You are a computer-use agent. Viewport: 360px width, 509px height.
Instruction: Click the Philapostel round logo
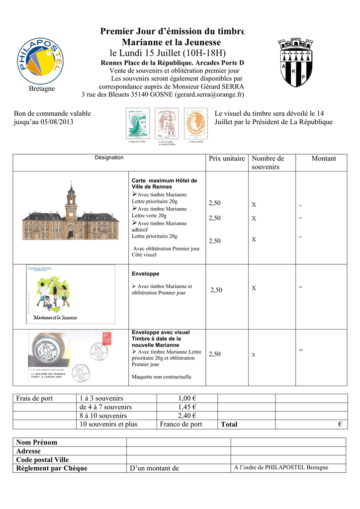tap(42, 58)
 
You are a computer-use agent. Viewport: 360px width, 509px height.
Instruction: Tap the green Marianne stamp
tap(138, 124)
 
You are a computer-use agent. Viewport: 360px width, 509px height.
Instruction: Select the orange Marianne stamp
tap(196, 125)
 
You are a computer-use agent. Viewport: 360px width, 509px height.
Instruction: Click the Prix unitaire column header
tap(227, 159)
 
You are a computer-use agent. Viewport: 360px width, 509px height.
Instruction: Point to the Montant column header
tap(324, 159)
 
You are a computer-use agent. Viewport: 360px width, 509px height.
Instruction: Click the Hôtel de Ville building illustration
tap(71, 214)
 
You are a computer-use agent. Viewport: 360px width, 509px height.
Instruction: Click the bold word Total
tap(229, 424)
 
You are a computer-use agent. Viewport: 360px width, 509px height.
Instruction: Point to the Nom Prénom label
tap(37, 442)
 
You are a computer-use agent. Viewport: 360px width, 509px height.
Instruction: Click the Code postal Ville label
tap(43, 460)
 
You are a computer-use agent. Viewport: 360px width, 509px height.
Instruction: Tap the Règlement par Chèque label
tap(52, 468)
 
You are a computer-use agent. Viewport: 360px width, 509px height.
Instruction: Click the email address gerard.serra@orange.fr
tap(209, 94)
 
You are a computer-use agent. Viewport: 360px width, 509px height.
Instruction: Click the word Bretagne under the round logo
tap(42, 88)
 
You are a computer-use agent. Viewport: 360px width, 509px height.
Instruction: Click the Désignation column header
tap(109, 158)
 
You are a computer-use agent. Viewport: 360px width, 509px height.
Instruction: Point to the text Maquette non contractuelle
tap(161, 377)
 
